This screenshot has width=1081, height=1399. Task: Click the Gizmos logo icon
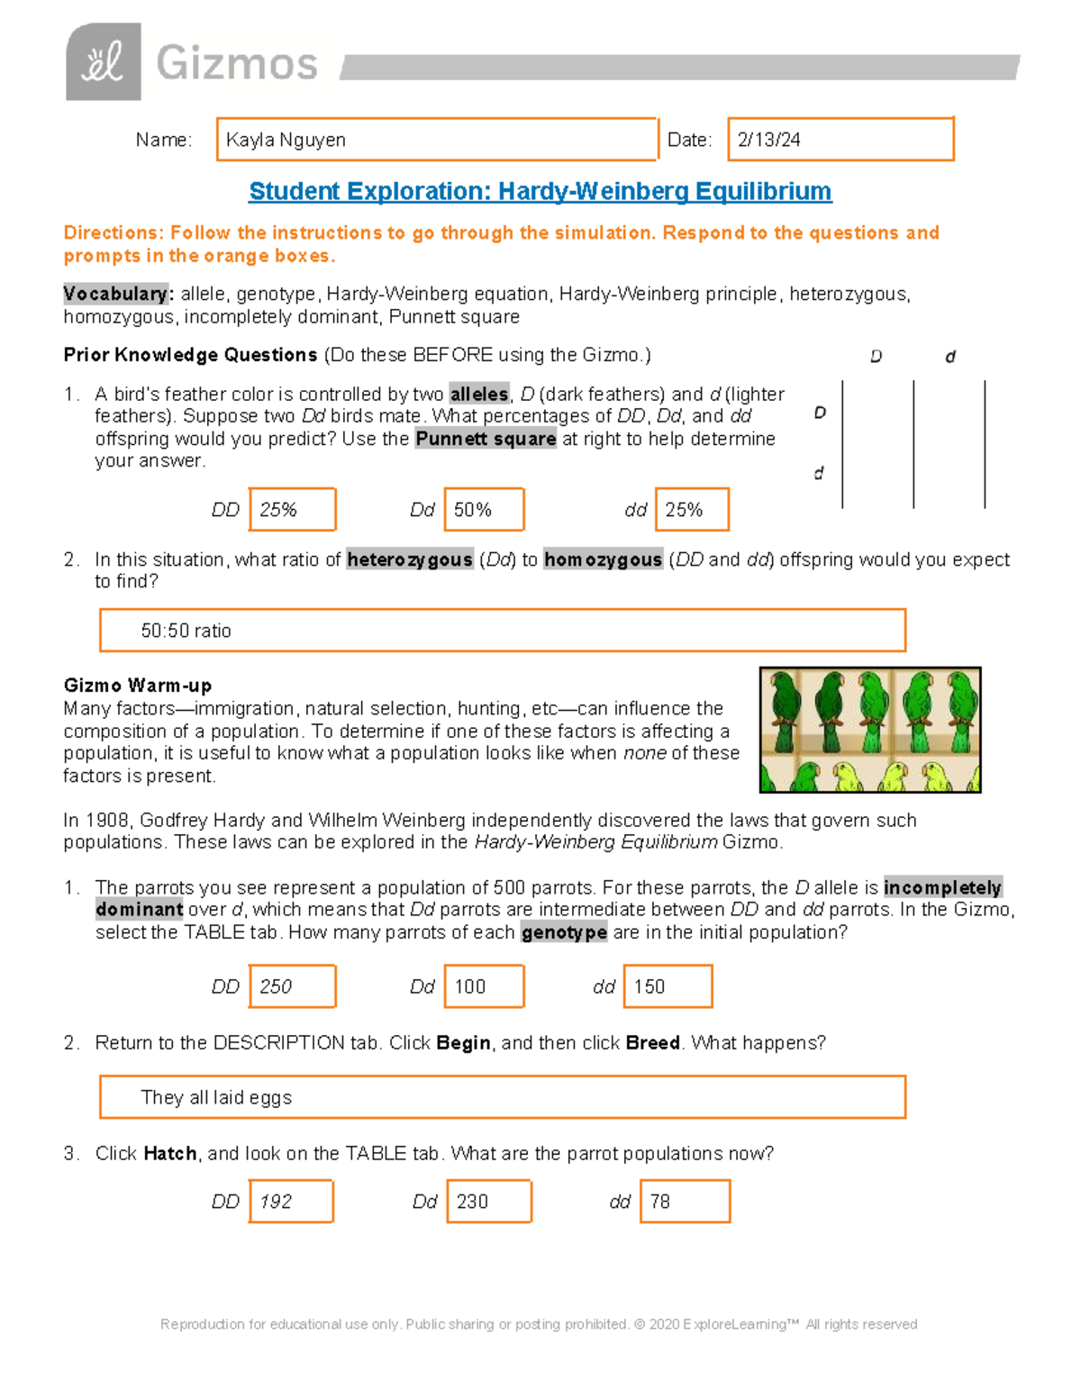pyautogui.click(x=104, y=62)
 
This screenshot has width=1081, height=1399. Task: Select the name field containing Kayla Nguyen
pyautogui.click(x=437, y=140)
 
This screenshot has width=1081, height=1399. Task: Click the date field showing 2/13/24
pyautogui.click(x=840, y=140)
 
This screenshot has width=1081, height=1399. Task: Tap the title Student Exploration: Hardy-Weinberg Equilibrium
pyautogui.click(x=540, y=191)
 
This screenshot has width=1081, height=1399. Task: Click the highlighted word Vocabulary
pyautogui.click(x=115, y=294)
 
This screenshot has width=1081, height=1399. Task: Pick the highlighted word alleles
pyautogui.click(x=479, y=394)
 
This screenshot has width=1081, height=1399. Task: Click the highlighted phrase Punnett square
pyautogui.click(x=486, y=439)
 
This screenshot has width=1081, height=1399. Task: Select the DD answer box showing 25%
pyautogui.click(x=292, y=510)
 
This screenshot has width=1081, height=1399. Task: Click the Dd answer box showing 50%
pyautogui.click(x=484, y=510)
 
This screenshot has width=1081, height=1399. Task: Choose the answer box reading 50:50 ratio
pyautogui.click(x=502, y=631)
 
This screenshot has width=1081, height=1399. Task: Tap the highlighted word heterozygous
pyautogui.click(x=410, y=559)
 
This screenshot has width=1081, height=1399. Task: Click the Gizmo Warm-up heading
pyautogui.click(x=138, y=685)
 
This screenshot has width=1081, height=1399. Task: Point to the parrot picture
pyautogui.click(x=869, y=730)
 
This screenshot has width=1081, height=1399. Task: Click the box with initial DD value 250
pyautogui.click(x=292, y=986)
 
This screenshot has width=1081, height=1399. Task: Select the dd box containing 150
pyautogui.click(x=672, y=986)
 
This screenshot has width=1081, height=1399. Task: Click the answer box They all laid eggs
pyautogui.click(x=502, y=1097)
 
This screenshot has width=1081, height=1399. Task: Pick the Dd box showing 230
pyautogui.click(x=489, y=1202)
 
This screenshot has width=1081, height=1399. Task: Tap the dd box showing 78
pyautogui.click(x=685, y=1202)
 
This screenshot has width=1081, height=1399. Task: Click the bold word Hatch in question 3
pyautogui.click(x=170, y=1153)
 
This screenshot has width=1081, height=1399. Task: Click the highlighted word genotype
pyautogui.click(x=564, y=932)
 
